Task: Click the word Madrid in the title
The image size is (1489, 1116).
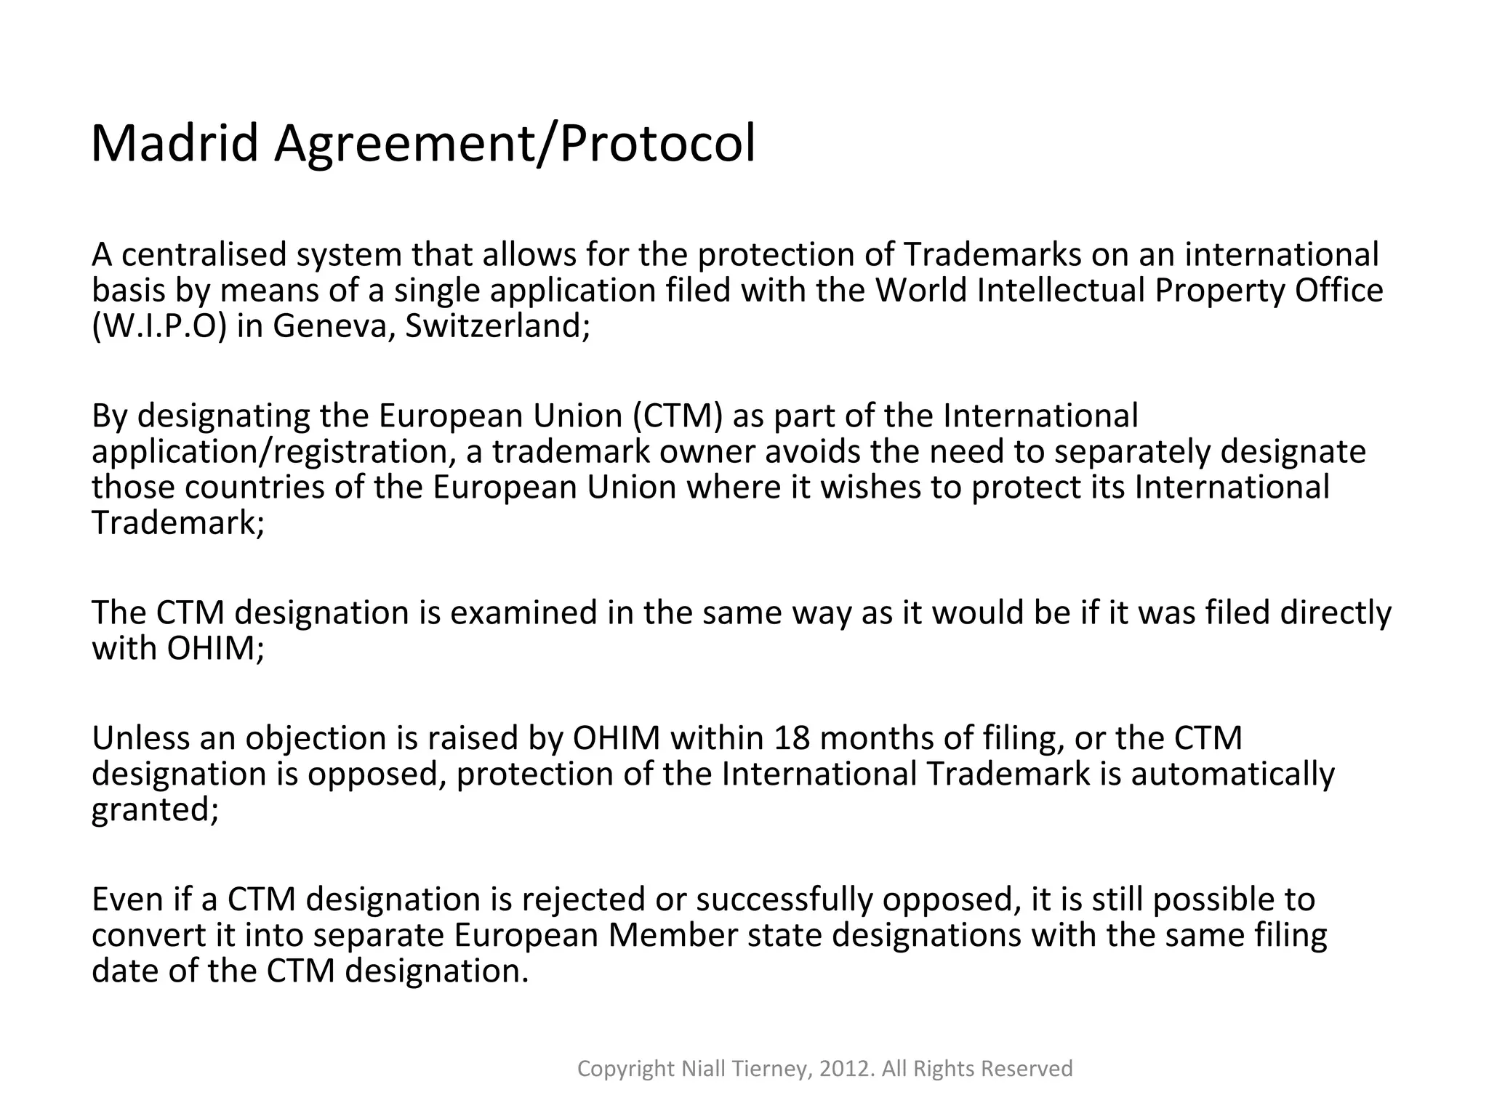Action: tap(174, 143)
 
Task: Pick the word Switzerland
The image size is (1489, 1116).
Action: tap(497, 326)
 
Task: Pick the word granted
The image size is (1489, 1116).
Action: tap(155, 809)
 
